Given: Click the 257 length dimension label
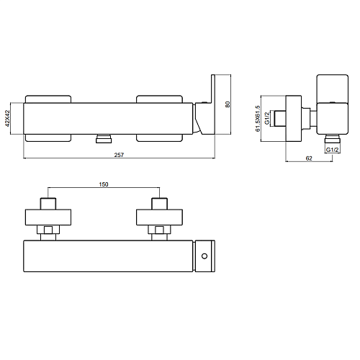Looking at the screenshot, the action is click(x=119, y=155).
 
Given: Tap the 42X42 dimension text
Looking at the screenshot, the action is click(x=7, y=118).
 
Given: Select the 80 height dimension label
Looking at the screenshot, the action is click(x=228, y=104).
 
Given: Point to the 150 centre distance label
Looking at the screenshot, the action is click(x=104, y=184).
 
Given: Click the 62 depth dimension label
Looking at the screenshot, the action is click(x=309, y=158).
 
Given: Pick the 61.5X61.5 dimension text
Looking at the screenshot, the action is click(x=258, y=118).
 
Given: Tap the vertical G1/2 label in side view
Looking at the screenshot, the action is click(x=267, y=118).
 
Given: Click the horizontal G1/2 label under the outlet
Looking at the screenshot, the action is click(x=333, y=150).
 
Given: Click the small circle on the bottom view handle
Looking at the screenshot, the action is click(x=204, y=256).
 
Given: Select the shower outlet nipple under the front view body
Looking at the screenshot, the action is click(x=104, y=139).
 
